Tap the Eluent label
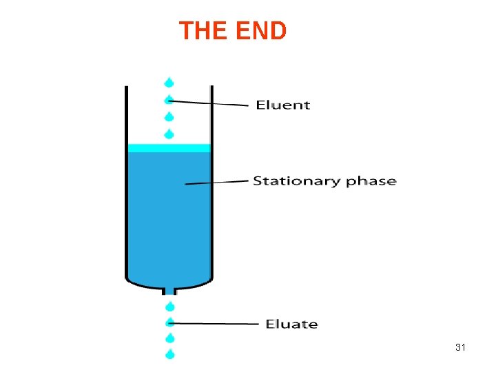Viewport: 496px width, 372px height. tap(283, 105)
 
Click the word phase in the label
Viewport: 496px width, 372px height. tap(371, 182)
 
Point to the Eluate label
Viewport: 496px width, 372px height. tap(292, 324)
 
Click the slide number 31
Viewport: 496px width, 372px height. tap(461, 348)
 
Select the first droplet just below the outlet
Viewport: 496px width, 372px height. tap(169, 306)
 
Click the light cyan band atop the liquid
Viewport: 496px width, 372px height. tap(169, 147)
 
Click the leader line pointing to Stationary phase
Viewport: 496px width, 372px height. tap(217, 183)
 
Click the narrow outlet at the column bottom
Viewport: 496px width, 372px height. tap(169, 290)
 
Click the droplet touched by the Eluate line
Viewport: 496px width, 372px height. tap(169, 322)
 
